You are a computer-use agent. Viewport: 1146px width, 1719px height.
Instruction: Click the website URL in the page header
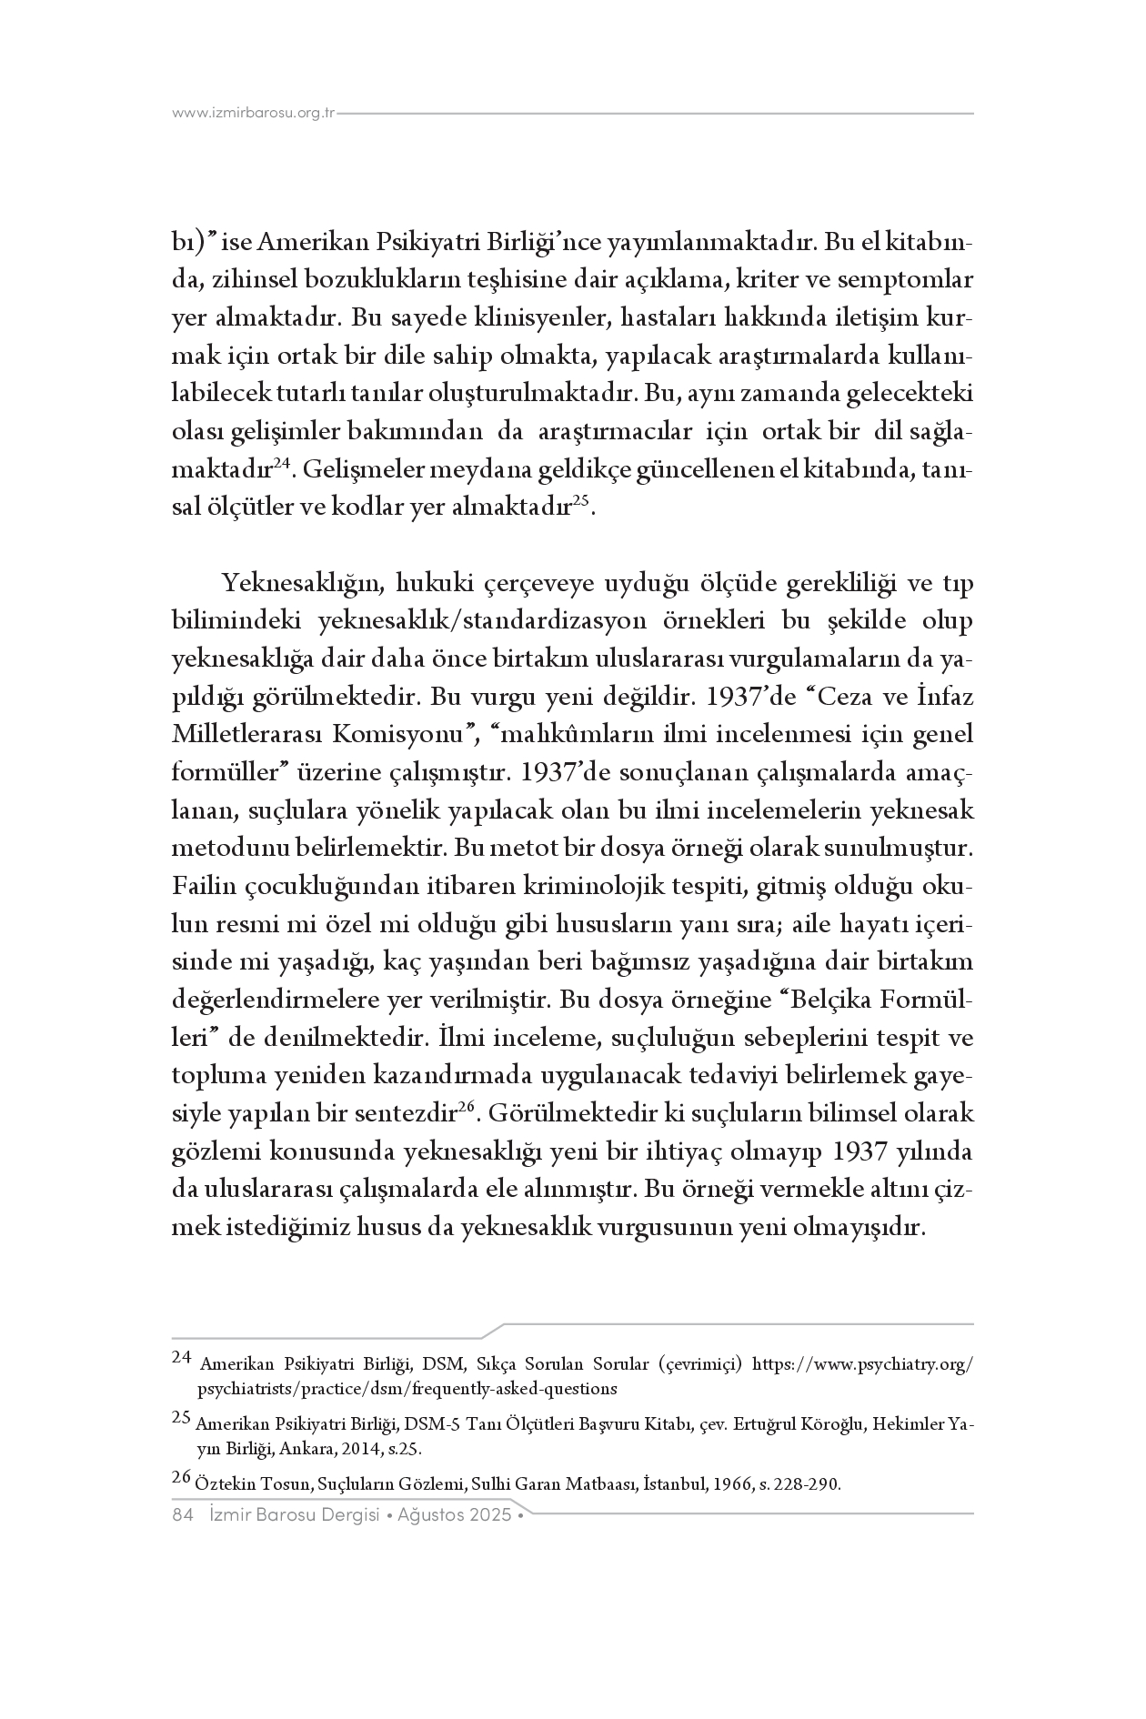point(254,114)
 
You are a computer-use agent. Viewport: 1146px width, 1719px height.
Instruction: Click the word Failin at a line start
point(198,886)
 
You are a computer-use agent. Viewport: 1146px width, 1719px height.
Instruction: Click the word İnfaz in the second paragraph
point(940,697)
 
